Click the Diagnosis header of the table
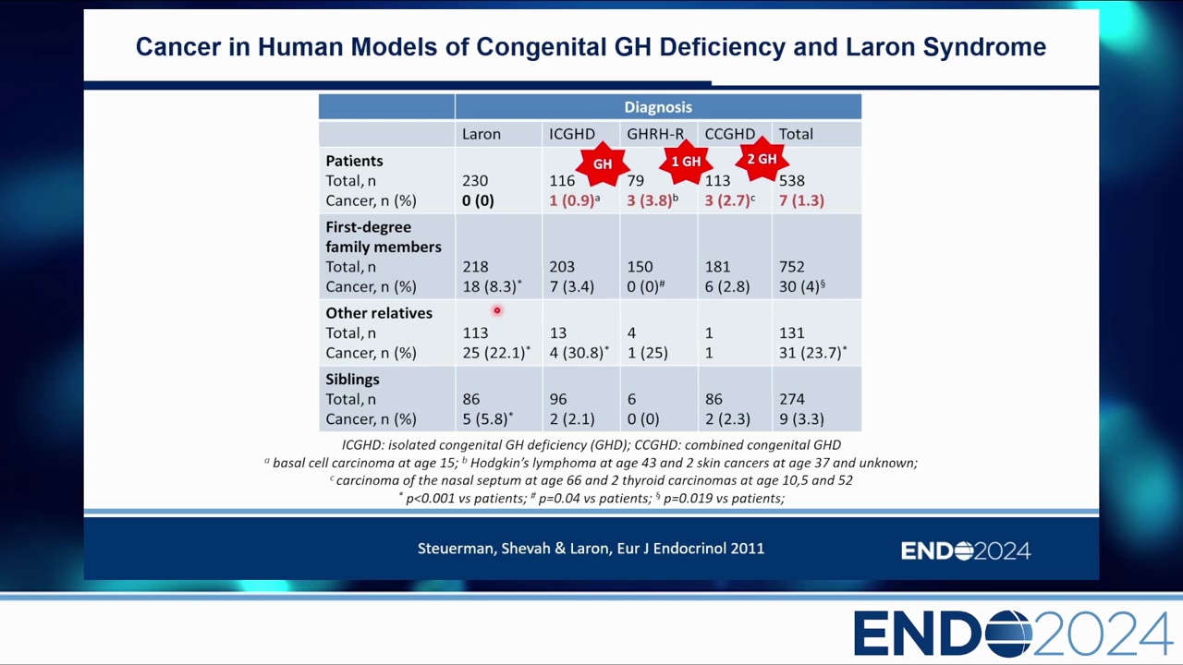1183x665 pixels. pyautogui.click(x=657, y=107)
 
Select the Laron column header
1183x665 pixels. pyautogui.click(x=481, y=134)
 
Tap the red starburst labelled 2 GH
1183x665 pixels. pyautogui.click(x=762, y=160)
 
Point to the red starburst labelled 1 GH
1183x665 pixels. pyautogui.click(x=686, y=162)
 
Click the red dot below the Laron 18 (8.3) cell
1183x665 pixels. pyautogui.click(x=496, y=311)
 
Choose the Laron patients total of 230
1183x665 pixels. pyautogui.click(x=474, y=181)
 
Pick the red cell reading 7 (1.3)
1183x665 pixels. pyautogui.click(x=800, y=200)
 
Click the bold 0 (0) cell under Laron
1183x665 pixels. pyautogui.click(x=478, y=200)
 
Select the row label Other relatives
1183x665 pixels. pyautogui.click(x=378, y=313)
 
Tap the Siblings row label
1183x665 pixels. pyautogui.click(x=352, y=380)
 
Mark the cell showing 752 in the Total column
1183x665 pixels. pyautogui.click(x=791, y=267)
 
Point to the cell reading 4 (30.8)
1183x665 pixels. pyautogui.click(x=577, y=353)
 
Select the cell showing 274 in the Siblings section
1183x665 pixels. pyautogui.click(x=791, y=399)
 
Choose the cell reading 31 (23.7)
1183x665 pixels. pyautogui.click(x=811, y=353)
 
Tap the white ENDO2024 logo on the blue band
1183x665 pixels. pyautogui.click(x=965, y=551)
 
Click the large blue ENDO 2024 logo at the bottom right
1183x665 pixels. pyautogui.click(x=1012, y=634)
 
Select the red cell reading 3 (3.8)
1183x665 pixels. pyautogui.click(x=650, y=200)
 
